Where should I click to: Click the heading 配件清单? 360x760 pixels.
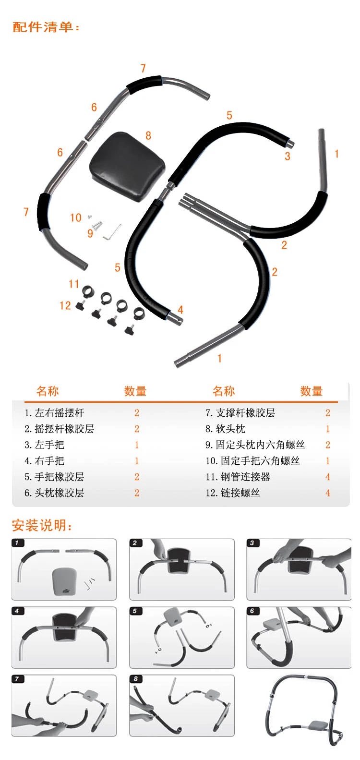coord(46,27)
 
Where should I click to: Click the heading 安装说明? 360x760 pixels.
coord(42,525)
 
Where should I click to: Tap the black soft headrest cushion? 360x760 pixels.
coord(127,166)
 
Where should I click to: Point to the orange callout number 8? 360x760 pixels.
coord(148,136)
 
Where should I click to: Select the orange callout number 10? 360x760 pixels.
coord(76,217)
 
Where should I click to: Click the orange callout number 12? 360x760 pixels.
coord(65,305)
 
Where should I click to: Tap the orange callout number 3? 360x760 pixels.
coord(288,157)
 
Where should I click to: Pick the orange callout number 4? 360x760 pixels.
coord(180,310)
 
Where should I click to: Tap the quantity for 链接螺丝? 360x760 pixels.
coord(328,493)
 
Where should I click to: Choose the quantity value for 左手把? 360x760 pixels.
coord(137,445)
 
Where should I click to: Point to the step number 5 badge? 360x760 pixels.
coord(135,611)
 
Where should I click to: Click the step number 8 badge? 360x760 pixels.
coord(135,679)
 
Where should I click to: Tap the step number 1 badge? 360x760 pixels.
coord(17,543)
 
